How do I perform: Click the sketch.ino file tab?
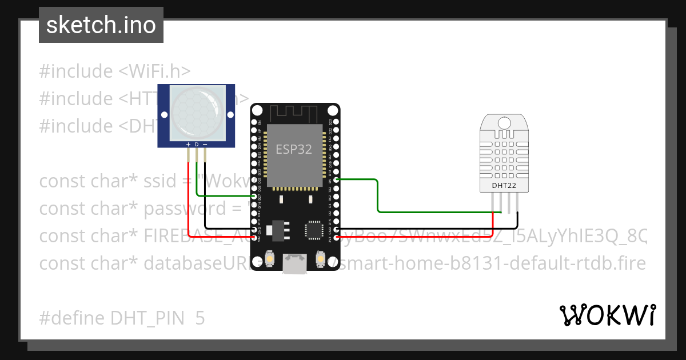click(x=101, y=25)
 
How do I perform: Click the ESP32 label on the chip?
click(x=294, y=149)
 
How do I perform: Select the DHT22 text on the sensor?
click(x=504, y=185)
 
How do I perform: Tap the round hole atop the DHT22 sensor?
click(x=504, y=122)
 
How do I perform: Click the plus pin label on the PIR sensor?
click(x=188, y=145)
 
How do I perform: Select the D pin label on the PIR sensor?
click(x=197, y=145)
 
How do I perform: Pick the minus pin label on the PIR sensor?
click(x=205, y=145)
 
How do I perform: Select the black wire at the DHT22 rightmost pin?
click(x=517, y=220)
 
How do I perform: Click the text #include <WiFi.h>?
click(x=114, y=71)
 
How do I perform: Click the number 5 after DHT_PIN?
click(x=200, y=318)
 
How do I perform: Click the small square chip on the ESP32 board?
click(x=314, y=230)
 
